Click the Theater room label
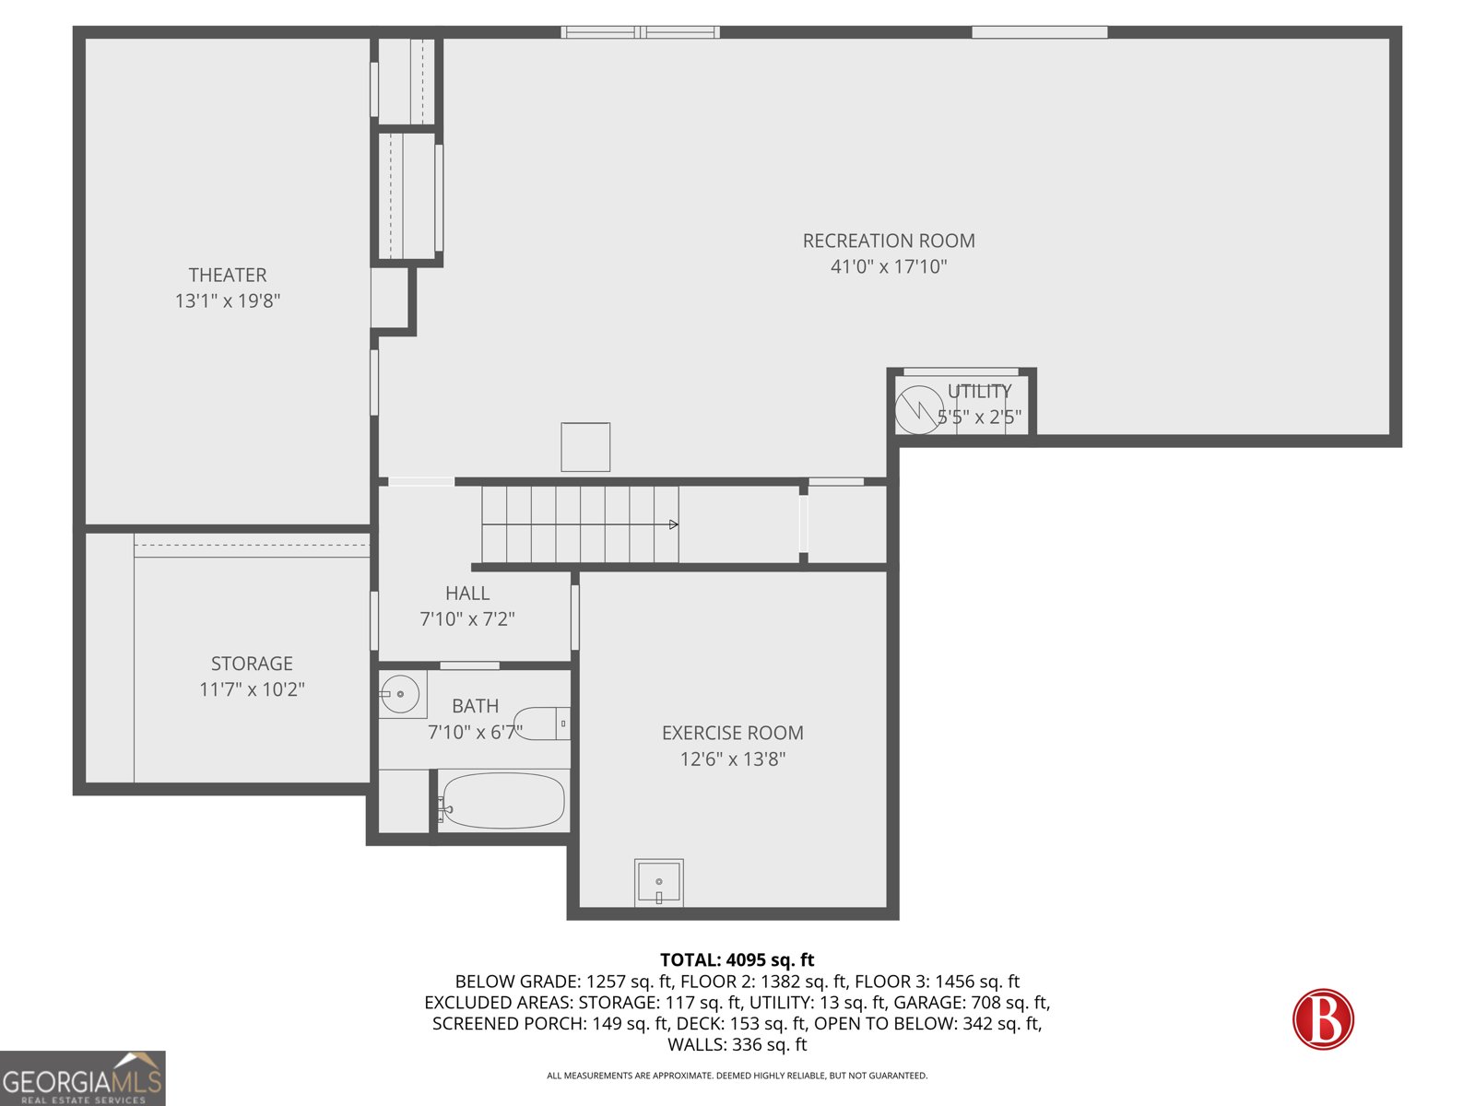click(x=228, y=275)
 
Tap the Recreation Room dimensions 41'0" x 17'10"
click(x=889, y=267)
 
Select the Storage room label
click(x=252, y=664)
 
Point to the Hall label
click(x=467, y=594)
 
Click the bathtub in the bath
click(x=502, y=800)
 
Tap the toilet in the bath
click(x=541, y=724)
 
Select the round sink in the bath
click(x=400, y=694)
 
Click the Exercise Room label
click(x=733, y=733)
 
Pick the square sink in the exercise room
click(x=659, y=882)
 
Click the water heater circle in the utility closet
click(x=918, y=409)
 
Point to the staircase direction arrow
click(x=674, y=524)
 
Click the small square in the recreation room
click(x=585, y=447)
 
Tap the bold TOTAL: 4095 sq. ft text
click(x=737, y=960)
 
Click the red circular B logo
click(x=1323, y=1019)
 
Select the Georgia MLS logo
click(x=83, y=1079)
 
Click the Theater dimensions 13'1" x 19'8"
click(x=228, y=300)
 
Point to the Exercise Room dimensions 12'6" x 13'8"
click(x=733, y=759)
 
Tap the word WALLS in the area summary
click(x=697, y=1045)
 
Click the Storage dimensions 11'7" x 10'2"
click(x=252, y=689)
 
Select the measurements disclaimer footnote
click(x=737, y=1076)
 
